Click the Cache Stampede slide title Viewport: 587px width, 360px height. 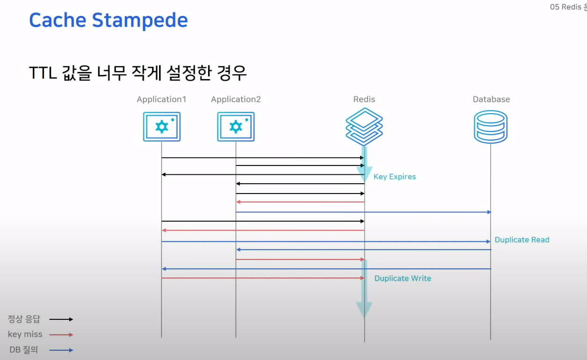[109, 21]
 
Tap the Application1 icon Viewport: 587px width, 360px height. [161, 127]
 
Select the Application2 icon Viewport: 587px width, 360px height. [236, 127]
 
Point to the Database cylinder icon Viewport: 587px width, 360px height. [491, 127]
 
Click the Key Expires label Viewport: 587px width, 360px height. [394, 177]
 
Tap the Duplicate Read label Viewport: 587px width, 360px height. [522, 240]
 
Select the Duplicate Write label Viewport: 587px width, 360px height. [403, 278]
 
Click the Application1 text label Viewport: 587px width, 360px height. [161, 99]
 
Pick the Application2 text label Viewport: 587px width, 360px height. [236, 99]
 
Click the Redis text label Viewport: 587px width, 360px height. [364, 99]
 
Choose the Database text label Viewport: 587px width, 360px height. [491, 99]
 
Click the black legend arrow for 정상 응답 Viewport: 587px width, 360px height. [61, 319]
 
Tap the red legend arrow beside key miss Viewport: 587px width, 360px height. [61, 334]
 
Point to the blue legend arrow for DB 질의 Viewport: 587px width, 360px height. [61, 350]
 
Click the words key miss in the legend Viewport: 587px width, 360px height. [25, 334]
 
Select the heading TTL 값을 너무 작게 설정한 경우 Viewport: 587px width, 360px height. [138, 73]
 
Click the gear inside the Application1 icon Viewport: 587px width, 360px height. [161, 126]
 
